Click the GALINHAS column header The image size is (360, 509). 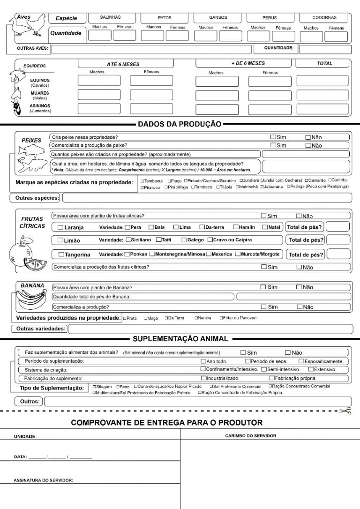[x=111, y=17]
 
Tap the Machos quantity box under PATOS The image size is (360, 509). [x=153, y=36]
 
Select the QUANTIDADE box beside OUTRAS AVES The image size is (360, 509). [x=324, y=49]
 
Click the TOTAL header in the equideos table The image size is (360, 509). [x=324, y=63]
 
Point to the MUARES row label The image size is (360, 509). [x=40, y=93]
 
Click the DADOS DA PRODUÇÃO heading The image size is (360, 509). [x=180, y=124]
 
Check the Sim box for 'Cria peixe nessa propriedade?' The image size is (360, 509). [x=273, y=137]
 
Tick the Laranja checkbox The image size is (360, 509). [x=60, y=227]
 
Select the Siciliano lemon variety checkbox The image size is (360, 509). [x=128, y=240]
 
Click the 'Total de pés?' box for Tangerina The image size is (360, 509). [x=338, y=254]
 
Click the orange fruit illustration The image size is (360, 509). [x=21, y=254]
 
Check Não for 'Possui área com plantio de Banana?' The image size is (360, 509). [x=299, y=287]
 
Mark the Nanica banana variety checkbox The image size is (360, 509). [x=196, y=318]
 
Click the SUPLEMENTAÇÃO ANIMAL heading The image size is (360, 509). [x=180, y=338]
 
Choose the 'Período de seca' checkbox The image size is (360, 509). [x=248, y=361]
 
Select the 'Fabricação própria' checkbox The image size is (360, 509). [x=271, y=378]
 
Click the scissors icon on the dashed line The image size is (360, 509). [x=346, y=411]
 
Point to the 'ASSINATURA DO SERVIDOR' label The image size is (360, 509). [x=43, y=480]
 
